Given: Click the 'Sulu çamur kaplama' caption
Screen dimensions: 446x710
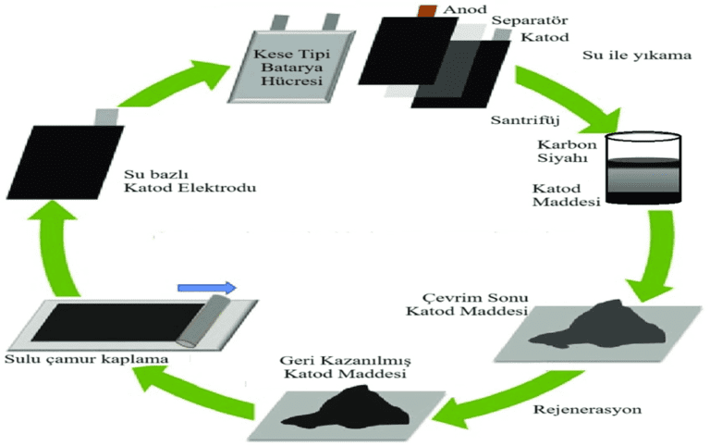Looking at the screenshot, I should (56, 357).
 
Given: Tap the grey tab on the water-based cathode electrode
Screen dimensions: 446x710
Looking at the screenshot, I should (105, 116).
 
